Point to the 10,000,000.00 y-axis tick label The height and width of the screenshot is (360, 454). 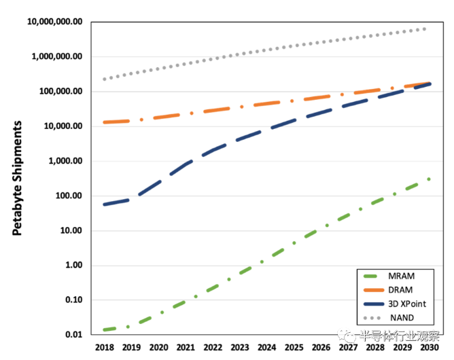(x=54, y=22)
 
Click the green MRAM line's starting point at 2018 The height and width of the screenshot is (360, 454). (x=105, y=330)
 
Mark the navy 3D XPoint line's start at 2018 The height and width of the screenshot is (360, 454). (x=105, y=204)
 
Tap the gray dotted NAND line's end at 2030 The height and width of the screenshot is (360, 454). (x=426, y=29)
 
